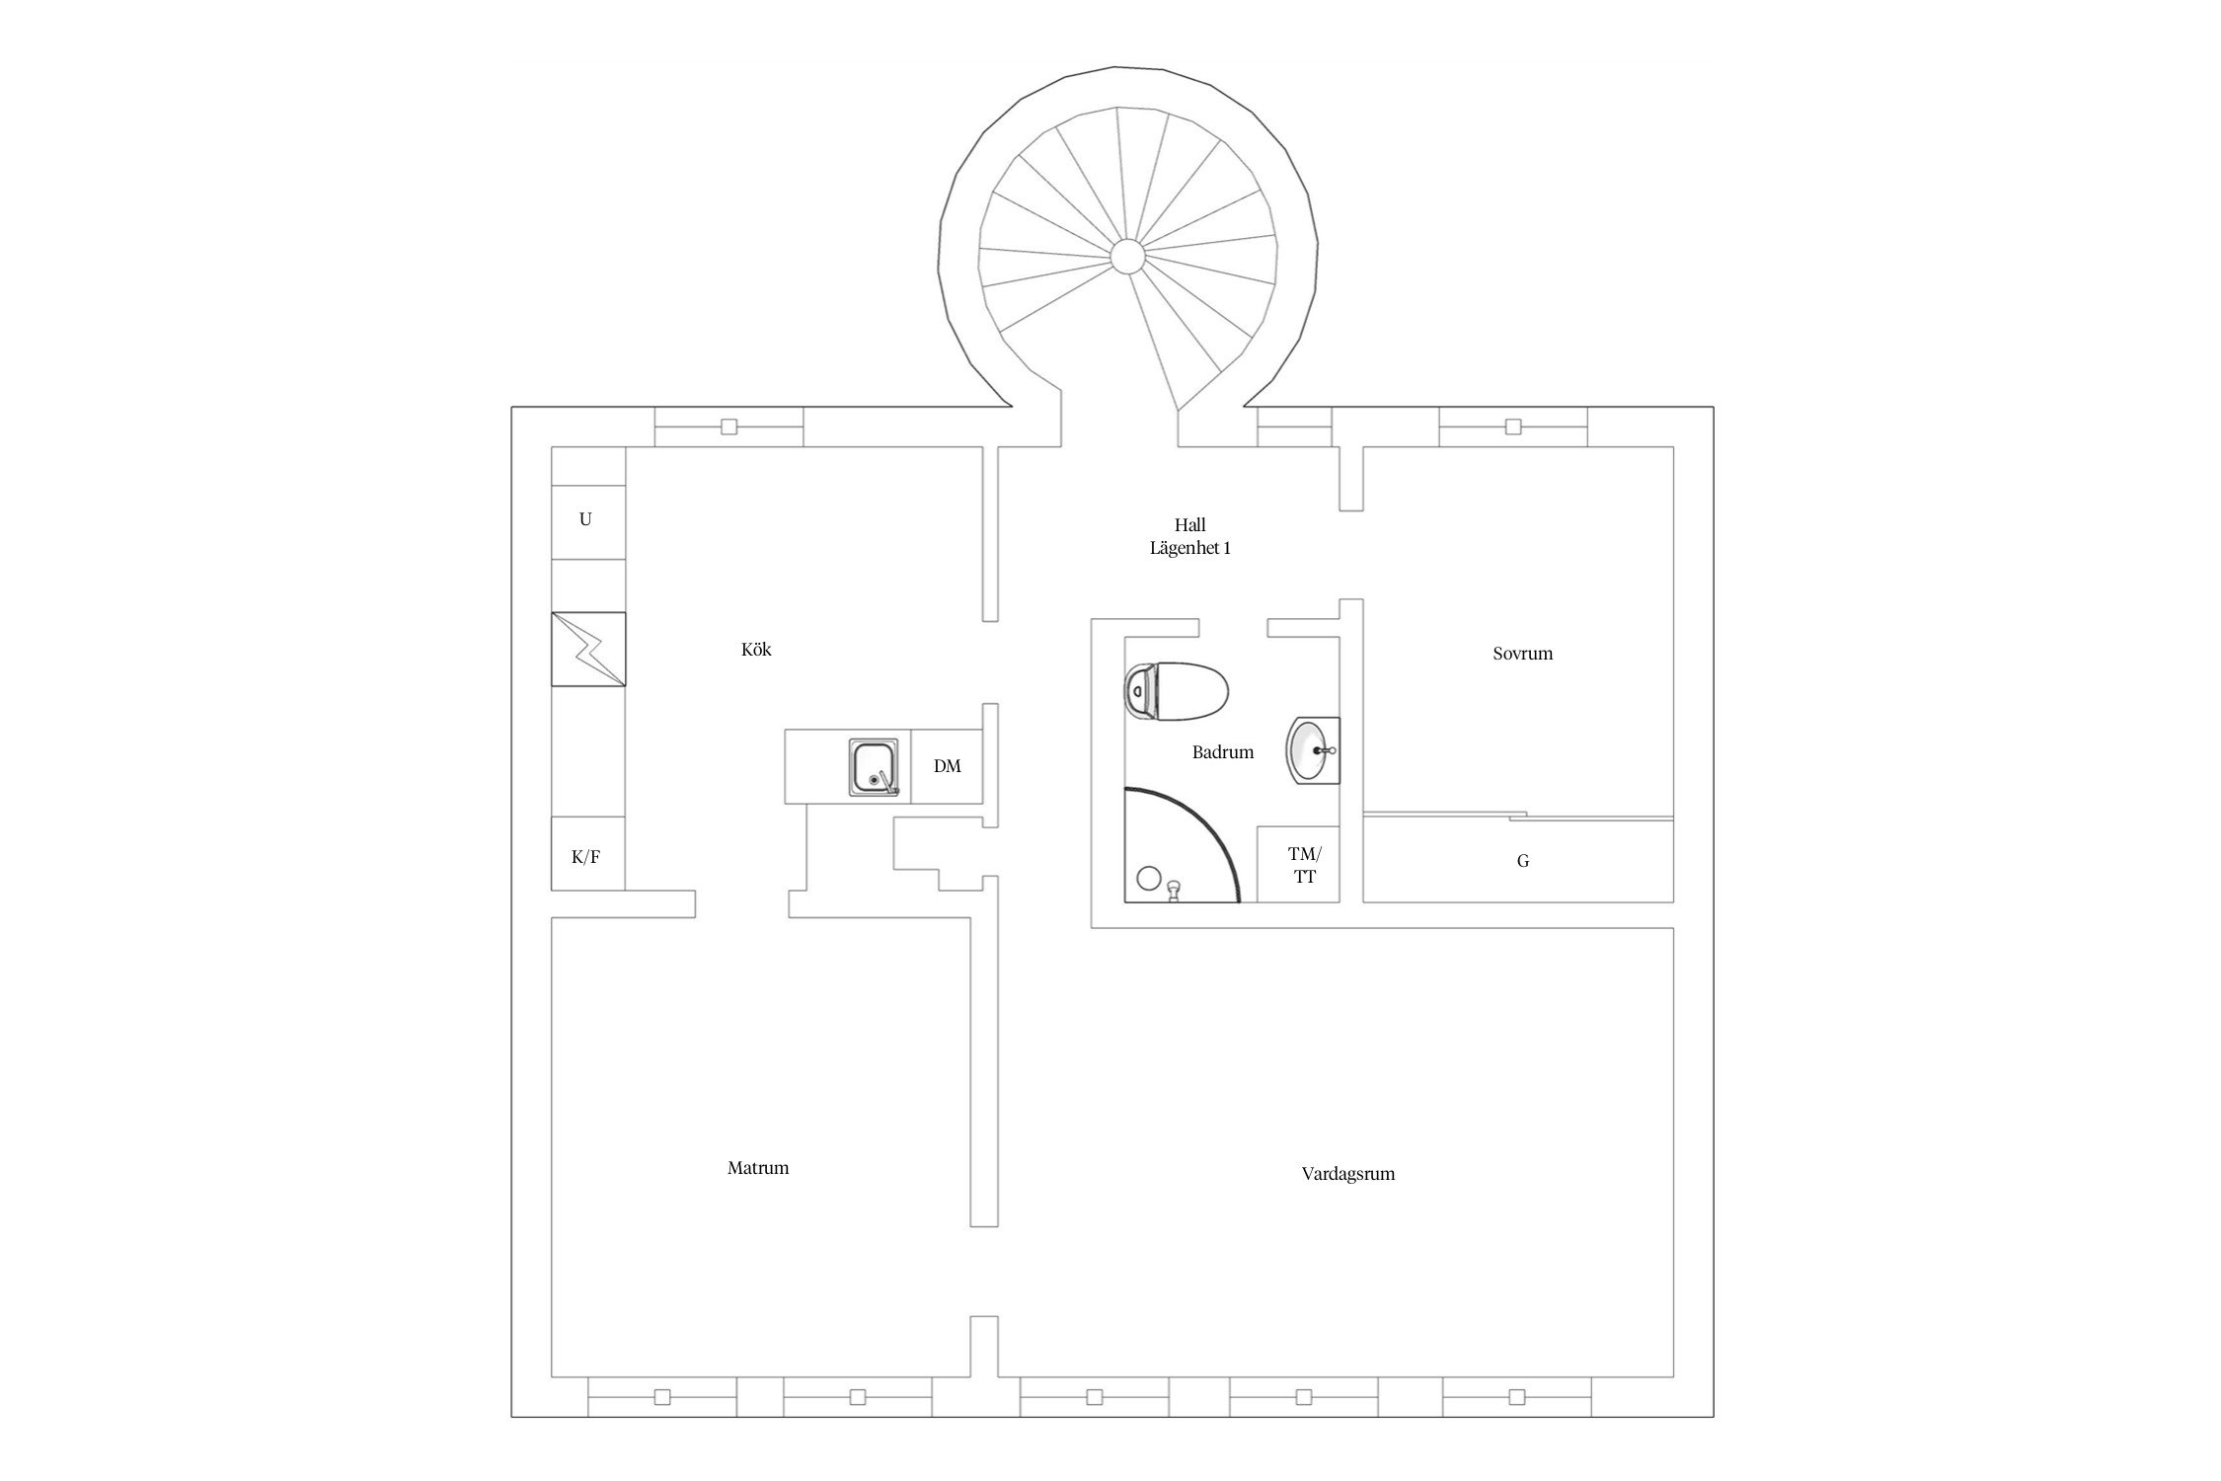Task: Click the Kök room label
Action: tap(756, 650)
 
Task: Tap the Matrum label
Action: tap(758, 1168)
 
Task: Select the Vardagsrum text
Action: tap(1347, 1175)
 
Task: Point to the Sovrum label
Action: tap(1522, 654)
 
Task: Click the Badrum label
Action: tap(1222, 752)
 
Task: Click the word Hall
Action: tap(1189, 525)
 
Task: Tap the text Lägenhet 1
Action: tap(1189, 548)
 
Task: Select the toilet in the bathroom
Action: tap(1176, 690)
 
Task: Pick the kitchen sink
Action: tap(874, 768)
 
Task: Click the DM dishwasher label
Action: tap(947, 766)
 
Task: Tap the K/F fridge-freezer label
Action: tap(585, 857)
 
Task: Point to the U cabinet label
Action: tap(585, 519)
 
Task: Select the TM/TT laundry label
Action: tap(1304, 865)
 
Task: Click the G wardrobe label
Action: tap(1522, 861)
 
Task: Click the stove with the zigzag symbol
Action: tap(588, 649)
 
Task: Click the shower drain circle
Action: tap(1148, 877)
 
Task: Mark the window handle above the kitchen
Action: tap(728, 427)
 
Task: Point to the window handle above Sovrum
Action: tap(1512, 427)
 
